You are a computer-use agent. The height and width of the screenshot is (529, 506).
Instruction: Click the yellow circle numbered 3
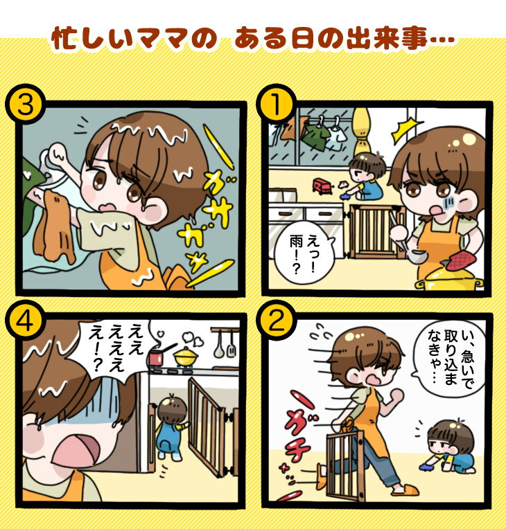26,104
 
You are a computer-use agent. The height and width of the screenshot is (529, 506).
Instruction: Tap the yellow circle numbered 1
276,104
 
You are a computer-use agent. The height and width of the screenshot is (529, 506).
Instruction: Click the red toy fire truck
324,186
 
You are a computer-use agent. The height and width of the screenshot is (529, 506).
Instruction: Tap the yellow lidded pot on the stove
186,357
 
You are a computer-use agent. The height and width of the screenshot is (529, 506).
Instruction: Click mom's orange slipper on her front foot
405,490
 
